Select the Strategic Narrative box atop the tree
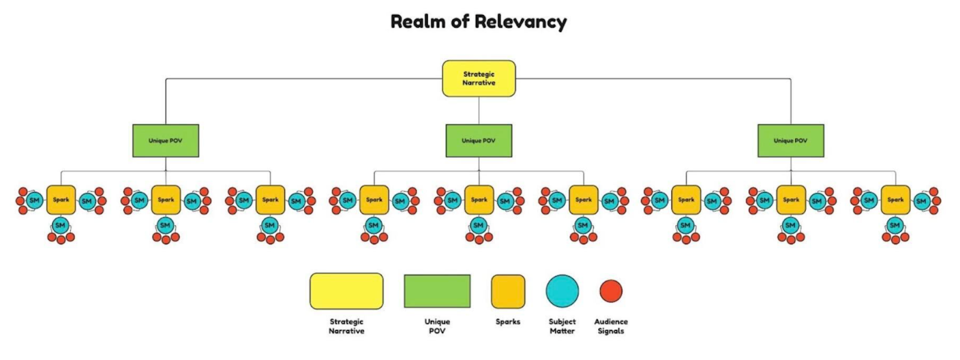[x=479, y=79]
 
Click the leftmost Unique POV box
[x=166, y=141]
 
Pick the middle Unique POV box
[x=479, y=141]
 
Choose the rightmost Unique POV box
[x=791, y=141]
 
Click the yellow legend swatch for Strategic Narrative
[x=346, y=291]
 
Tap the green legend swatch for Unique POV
[x=437, y=291]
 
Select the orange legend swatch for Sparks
[x=508, y=292]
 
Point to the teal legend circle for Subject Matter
[x=562, y=291]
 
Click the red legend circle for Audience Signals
[x=611, y=291]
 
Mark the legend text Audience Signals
[x=611, y=326]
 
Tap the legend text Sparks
[x=508, y=322]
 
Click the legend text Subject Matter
[x=562, y=326]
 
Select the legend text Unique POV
[x=437, y=326]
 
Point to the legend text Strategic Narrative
[x=346, y=326]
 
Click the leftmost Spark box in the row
[x=61, y=200]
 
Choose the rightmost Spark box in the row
[x=895, y=200]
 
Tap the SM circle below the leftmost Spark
[x=60, y=226]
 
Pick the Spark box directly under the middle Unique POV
[x=479, y=200]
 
